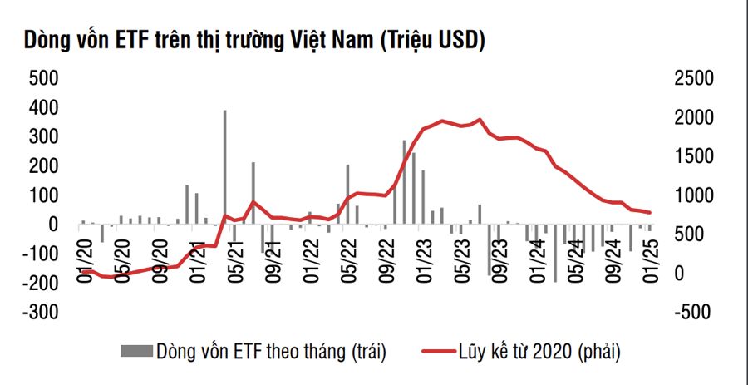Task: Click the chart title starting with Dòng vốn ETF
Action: [254, 39]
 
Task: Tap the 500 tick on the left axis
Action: [43, 79]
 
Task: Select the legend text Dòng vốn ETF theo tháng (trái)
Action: [271, 350]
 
